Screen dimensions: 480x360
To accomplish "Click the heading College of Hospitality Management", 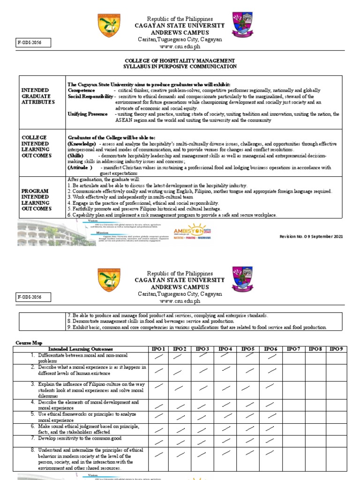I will click(180, 60).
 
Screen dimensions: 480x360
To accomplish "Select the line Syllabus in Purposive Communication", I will click(180, 67).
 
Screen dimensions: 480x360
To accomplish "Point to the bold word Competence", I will click(81, 90).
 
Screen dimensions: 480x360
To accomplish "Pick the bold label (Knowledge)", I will click(82, 143).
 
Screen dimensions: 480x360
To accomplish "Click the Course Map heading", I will click(29, 342).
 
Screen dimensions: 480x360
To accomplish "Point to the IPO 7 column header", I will click(294, 349).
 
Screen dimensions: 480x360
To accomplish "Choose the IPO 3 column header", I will click(202, 349).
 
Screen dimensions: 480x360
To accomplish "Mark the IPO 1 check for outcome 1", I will click(158, 358).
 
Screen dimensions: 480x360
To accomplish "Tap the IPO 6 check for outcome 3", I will click(270, 386).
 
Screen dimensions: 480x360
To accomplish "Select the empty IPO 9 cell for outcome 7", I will click(338, 440).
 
